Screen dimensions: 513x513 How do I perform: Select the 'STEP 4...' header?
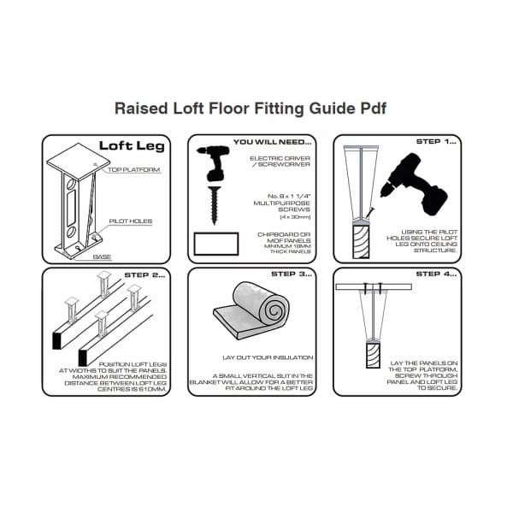[436, 275]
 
